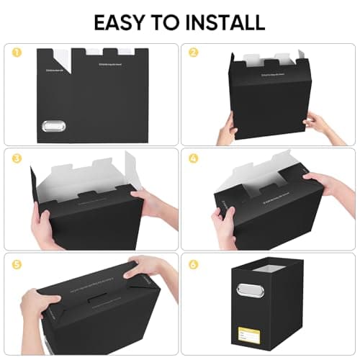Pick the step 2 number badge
(194, 53)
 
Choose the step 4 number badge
(194, 157)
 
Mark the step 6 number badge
(194, 262)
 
